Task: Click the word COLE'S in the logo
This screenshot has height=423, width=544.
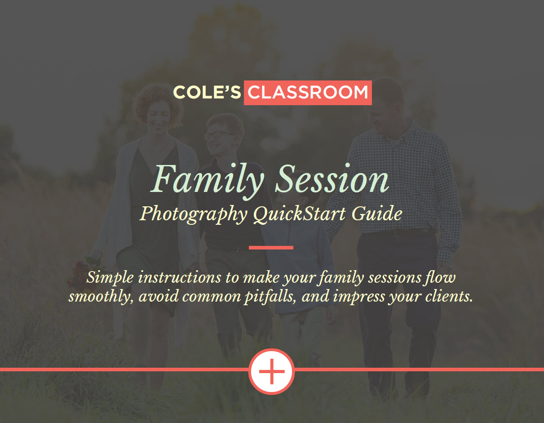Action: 207,92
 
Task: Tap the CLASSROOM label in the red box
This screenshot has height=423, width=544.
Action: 308,93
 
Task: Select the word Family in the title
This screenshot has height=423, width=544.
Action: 207,181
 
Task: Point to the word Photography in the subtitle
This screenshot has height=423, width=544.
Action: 194,214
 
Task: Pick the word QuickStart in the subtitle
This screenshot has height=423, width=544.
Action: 300,214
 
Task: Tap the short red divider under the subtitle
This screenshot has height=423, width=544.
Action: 271,248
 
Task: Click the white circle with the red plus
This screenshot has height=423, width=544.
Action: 272,371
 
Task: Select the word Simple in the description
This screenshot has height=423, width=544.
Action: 110,278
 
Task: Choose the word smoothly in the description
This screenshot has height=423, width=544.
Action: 102,297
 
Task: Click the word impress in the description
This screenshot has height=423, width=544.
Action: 359,297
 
